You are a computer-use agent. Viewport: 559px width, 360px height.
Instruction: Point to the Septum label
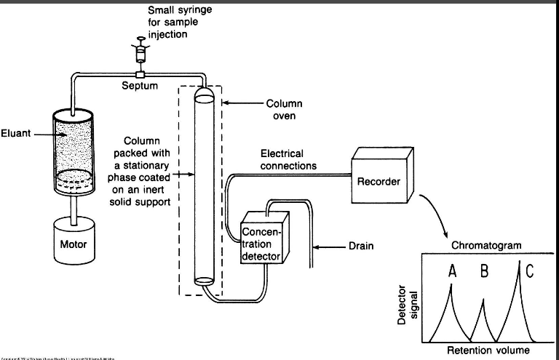pyautogui.click(x=140, y=86)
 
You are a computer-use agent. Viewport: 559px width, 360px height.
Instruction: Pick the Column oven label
pyautogui.click(x=284, y=110)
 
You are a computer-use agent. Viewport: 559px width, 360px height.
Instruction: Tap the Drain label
pyautogui.click(x=360, y=246)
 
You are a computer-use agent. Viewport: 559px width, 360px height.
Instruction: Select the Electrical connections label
pyautogui.click(x=288, y=160)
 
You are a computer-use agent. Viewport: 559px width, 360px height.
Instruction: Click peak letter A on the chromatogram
pyautogui.click(x=453, y=271)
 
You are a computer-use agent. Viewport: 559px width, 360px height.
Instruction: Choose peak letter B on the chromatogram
pyautogui.click(x=484, y=272)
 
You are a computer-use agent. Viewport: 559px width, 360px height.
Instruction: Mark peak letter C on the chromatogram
pyautogui.click(x=528, y=271)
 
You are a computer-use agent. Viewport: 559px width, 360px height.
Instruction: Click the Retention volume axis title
pyautogui.click(x=488, y=351)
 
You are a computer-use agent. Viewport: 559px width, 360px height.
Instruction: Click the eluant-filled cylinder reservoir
pyautogui.click(x=73, y=153)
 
